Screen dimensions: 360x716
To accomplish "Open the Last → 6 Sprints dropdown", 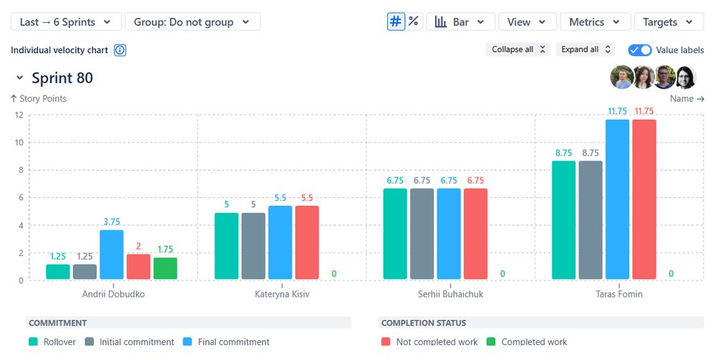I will (x=65, y=22).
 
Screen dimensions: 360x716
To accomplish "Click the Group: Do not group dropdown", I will (x=192, y=22).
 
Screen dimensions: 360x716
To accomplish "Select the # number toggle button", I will (x=396, y=22).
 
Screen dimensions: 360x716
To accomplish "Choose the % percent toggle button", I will (x=414, y=22).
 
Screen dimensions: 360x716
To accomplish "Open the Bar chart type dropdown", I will (x=460, y=22).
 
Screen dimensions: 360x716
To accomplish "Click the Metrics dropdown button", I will (x=595, y=22).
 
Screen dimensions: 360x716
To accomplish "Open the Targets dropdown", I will (x=669, y=22).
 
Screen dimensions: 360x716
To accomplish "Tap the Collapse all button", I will (x=519, y=49).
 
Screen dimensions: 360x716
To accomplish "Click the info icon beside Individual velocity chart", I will (x=120, y=50).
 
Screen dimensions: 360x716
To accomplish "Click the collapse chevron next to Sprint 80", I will (x=19, y=77).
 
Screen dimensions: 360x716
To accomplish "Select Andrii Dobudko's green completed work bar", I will (x=165, y=269).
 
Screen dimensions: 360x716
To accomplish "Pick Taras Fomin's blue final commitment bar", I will (x=617, y=199).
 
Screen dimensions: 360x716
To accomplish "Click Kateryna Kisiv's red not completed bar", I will (x=307, y=242).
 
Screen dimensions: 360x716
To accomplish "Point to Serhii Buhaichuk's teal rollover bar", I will (x=395, y=234).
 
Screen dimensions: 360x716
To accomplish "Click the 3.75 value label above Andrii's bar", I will (x=112, y=222).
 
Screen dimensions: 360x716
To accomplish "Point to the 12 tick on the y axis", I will (x=19, y=115).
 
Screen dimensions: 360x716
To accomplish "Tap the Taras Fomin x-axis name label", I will (x=619, y=294).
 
